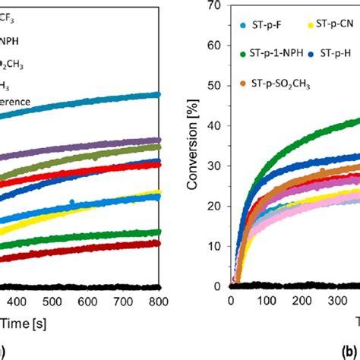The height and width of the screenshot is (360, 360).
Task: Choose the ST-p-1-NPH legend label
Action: click(x=276, y=53)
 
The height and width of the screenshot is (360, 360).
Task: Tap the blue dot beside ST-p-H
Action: click(x=313, y=53)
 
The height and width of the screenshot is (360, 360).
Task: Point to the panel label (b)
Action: click(x=351, y=351)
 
